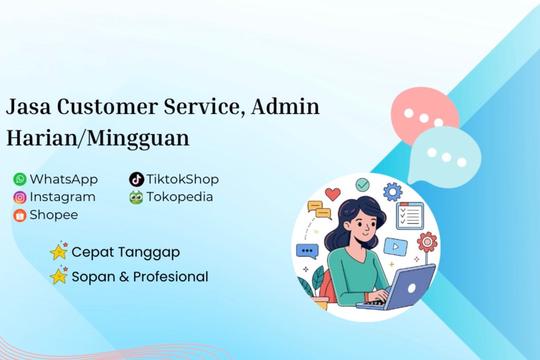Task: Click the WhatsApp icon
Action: [x=19, y=179]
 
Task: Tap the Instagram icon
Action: [x=19, y=197]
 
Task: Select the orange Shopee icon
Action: [x=19, y=215]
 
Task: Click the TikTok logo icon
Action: [x=136, y=179]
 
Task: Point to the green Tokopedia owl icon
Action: [x=136, y=197]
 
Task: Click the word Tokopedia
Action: [x=180, y=197]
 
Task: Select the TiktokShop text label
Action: [x=183, y=179]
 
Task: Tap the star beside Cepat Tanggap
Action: [x=59, y=252]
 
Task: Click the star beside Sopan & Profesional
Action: [x=59, y=276]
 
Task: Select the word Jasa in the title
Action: [x=29, y=105]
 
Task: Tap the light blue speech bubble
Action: [x=444, y=155]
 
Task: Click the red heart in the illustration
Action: [x=333, y=194]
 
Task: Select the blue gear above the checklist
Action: [x=392, y=190]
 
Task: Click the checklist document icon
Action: [x=410, y=215]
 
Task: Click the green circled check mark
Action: [x=362, y=185]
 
